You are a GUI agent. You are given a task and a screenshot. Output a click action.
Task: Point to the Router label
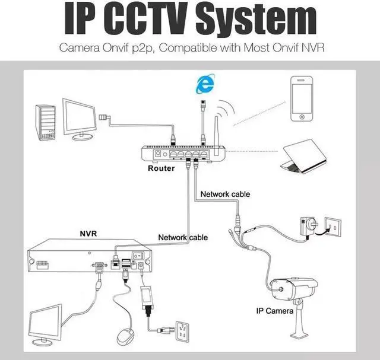click(161, 168)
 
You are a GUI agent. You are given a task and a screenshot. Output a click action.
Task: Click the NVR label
click(88, 234)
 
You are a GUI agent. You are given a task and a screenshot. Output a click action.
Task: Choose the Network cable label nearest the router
click(225, 194)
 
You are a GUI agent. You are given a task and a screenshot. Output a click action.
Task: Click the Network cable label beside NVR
click(183, 237)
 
